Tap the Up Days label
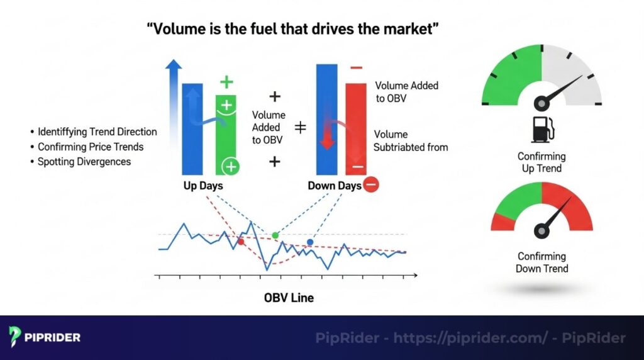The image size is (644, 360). click(x=202, y=186)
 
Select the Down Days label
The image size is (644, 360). click(x=335, y=186)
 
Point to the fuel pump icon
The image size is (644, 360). click(x=541, y=129)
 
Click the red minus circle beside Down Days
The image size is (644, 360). click(x=370, y=185)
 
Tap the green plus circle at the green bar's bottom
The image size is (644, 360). click(x=231, y=167)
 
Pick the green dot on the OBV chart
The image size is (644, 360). click(x=275, y=235)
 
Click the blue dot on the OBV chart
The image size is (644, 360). click(x=310, y=242)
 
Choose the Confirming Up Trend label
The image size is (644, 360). click(x=541, y=162)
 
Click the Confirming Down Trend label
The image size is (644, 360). click(x=541, y=262)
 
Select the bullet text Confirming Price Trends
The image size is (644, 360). click(x=91, y=147)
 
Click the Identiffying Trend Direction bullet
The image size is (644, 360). click(x=97, y=132)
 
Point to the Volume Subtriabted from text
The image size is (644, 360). click(x=411, y=141)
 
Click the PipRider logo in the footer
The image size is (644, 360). click(x=45, y=337)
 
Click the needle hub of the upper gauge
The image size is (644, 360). click(x=541, y=102)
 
